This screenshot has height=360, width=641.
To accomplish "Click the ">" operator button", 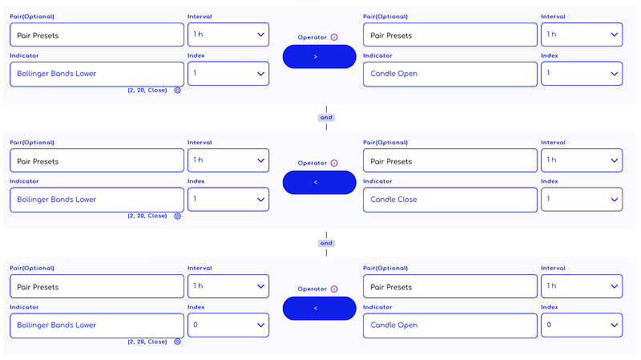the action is click(x=319, y=56).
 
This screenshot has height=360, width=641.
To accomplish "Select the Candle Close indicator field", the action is click(x=450, y=200).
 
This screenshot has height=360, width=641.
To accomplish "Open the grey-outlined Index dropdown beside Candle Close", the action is click(x=582, y=199).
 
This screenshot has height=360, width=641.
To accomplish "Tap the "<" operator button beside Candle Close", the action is click(x=319, y=183).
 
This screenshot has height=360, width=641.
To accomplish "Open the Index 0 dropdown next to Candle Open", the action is click(x=582, y=326).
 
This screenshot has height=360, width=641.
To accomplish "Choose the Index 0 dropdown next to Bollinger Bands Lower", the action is click(x=228, y=326).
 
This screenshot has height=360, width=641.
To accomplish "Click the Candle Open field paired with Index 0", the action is click(x=450, y=326).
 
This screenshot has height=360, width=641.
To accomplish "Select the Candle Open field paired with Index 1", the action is click(x=450, y=74).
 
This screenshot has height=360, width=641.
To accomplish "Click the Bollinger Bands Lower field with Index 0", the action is click(x=97, y=326).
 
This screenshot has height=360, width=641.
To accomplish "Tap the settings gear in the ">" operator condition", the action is click(x=177, y=91).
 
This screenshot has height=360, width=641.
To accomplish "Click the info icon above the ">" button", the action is click(x=334, y=37).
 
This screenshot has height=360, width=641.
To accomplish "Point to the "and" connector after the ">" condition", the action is click(x=326, y=118).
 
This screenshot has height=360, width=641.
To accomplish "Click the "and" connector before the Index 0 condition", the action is click(x=326, y=244).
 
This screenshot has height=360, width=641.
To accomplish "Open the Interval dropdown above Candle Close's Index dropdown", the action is click(x=582, y=160).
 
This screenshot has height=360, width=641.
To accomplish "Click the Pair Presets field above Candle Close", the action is click(x=450, y=160).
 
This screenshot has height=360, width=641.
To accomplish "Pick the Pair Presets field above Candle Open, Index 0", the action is click(x=450, y=286).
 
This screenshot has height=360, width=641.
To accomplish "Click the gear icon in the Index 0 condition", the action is click(x=177, y=342).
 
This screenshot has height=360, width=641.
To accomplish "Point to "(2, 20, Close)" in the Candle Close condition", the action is click(x=147, y=216).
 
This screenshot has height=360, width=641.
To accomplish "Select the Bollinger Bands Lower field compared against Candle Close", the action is click(x=97, y=200).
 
